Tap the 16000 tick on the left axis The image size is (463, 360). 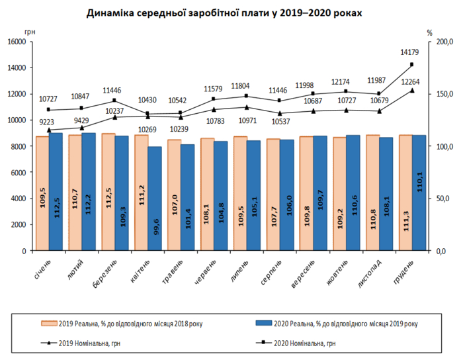point(15,42)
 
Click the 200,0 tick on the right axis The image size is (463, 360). point(442,42)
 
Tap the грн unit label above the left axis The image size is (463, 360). point(29,32)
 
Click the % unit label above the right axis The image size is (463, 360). point(429,32)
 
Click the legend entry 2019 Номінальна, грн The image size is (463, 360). point(88,343)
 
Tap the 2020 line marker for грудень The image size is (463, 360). point(412,64)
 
